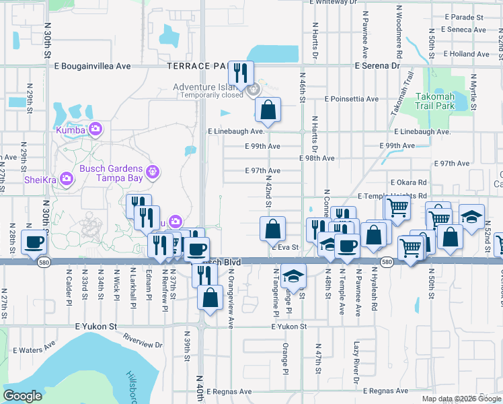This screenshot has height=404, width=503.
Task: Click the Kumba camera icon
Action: tap(95, 128)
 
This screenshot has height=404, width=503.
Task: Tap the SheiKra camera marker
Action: tap(67, 178)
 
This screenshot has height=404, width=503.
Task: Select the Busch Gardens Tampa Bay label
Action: tap(111, 173)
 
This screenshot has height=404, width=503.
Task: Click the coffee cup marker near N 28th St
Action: tap(34, 242)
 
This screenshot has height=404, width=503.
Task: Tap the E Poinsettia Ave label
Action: tap(351, 98)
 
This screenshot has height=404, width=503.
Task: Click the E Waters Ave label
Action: tap(36, 349)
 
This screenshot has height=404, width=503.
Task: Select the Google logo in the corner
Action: tap(22, 396)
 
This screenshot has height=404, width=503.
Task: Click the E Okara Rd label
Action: tap(408, 182)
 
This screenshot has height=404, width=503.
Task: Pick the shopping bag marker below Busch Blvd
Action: tap(210, 298)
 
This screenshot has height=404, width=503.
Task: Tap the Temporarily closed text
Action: tap(211, 96)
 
